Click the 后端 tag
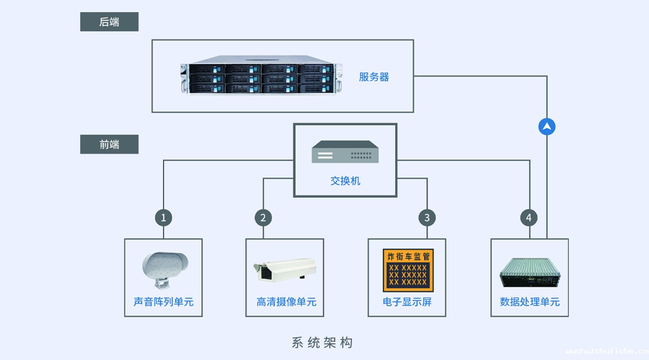109,22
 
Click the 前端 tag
109,144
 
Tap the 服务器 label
374,77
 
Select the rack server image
261,75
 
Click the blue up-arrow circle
547,126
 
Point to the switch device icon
345,152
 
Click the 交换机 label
345,181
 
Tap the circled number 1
164,218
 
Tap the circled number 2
263,218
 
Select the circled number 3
427,218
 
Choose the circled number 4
529,218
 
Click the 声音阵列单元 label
164,302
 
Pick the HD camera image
285,270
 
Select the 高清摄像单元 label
286,302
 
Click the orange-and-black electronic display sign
408,270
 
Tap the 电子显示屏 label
407,302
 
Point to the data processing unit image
530,272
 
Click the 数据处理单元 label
530,302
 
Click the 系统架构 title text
322,342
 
